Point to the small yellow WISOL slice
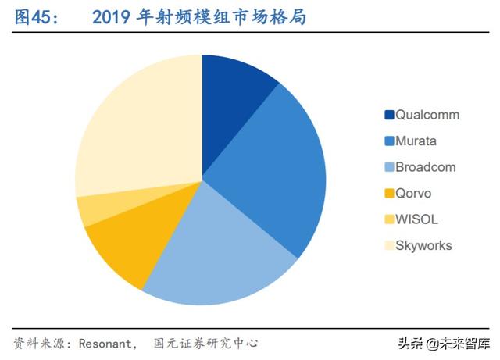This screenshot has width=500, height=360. (91, 209)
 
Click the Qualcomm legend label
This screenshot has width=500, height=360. (427, 115)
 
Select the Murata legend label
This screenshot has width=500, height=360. (416, 141)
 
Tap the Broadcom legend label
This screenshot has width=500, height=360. (425, 167)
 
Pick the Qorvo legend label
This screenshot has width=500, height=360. (413, 193)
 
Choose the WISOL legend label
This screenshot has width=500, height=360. (415, 219)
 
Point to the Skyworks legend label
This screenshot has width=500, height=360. (423, 245)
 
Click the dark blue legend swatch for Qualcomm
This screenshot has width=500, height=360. (388, 116)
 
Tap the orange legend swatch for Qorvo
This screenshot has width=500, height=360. (388, 194)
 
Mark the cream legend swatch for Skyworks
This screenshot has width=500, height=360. (388, 246)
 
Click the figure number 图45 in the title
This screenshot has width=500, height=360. (34, 18)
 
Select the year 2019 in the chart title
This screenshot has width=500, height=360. (112, 18)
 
